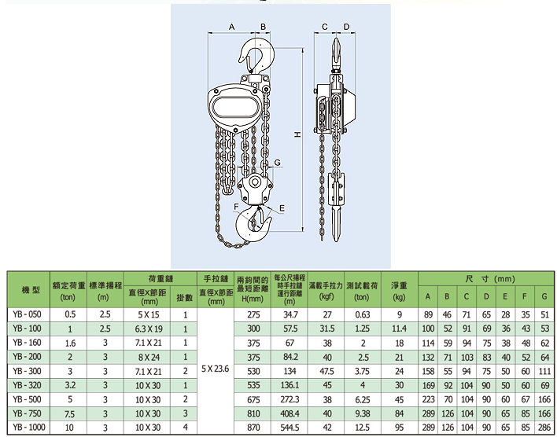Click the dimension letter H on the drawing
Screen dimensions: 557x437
point(297,134)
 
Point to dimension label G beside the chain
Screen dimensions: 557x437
point(278,162)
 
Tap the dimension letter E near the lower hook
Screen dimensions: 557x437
point(282,208)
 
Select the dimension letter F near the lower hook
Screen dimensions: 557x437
point(236,207)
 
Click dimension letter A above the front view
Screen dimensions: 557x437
point(231,27)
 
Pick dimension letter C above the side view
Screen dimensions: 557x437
point(325,27)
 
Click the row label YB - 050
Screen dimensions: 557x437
point(27,314)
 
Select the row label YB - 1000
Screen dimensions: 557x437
point(29,427)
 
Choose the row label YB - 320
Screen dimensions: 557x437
point(27,385)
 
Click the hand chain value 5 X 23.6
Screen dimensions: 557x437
point(216,369)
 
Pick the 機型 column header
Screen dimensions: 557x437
point(31,290)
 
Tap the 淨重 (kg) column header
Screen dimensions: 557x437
point(399,291)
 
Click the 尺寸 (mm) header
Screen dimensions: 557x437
point(490,279)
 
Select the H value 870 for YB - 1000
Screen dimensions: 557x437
point(253,428)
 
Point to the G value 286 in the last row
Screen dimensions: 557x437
point(544,428)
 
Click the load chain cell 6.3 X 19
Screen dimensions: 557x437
point(149,329)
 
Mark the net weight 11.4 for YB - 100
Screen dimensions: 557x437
point(399,329)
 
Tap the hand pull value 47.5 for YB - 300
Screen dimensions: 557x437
point(326,371)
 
